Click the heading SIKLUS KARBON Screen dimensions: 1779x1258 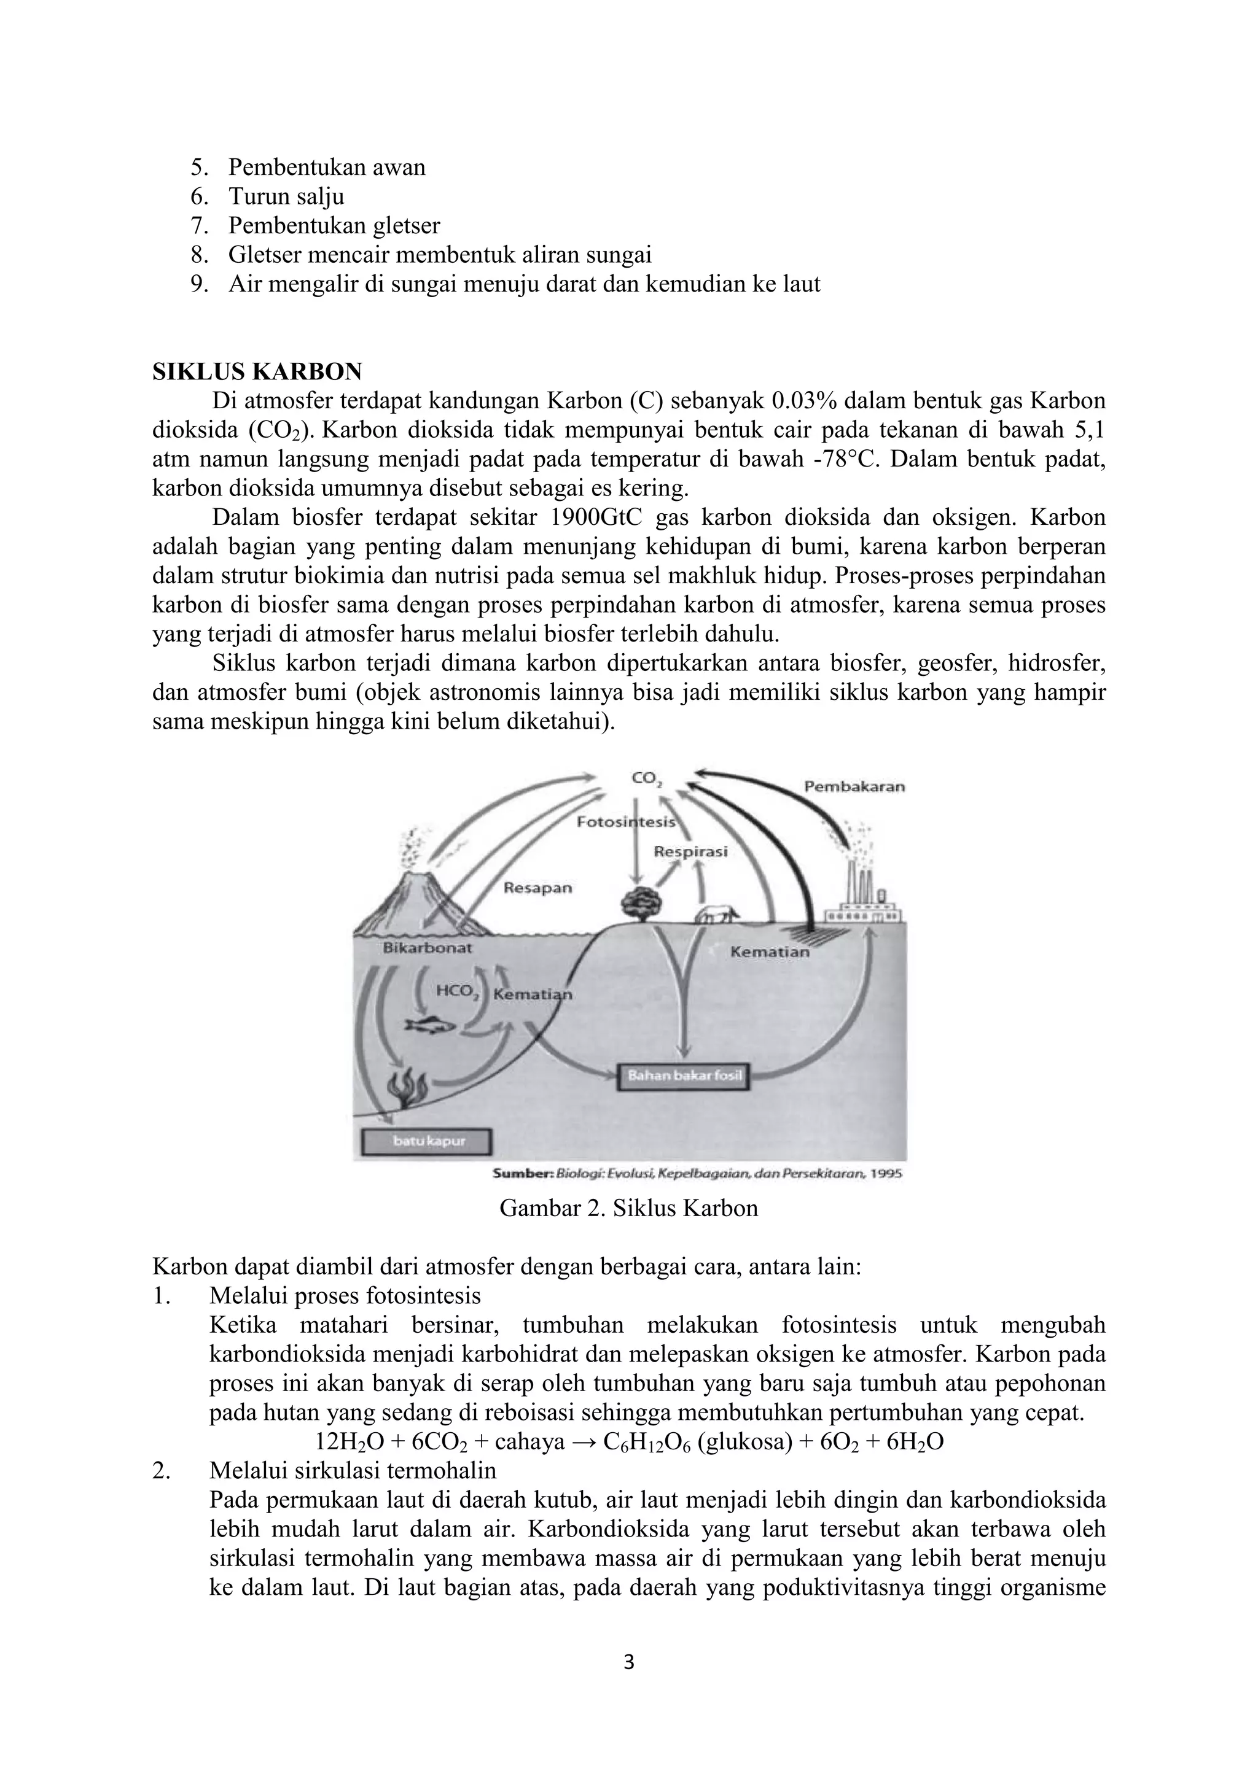point(257,372)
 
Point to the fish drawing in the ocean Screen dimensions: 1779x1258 point(429,1025)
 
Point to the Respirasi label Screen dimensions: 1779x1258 point(690,851)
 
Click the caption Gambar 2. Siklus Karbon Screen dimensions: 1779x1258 point(628,1208)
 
